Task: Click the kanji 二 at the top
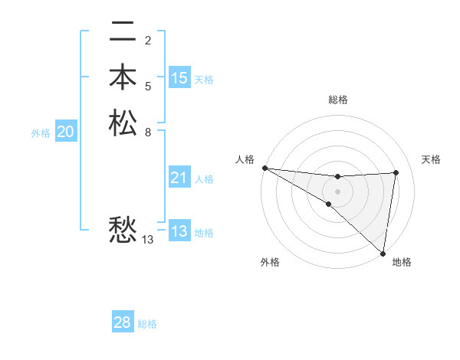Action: [123, 33]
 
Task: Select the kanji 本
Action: [123, 78]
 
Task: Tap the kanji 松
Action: [123, 123]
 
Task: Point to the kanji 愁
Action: [123, 229]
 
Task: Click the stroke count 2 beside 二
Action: [148, 40]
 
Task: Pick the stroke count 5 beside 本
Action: [148, 85]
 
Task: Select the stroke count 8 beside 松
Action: [148, 131]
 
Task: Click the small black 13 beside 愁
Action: [148, 240]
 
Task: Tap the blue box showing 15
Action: [179, 77]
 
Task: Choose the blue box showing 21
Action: [179, 178]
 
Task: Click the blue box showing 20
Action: [66, 132]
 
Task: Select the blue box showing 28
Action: [123, 322]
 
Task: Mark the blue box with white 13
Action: [179, 231]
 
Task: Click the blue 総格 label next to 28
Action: [147, 324]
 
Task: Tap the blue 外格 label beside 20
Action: [41, 133]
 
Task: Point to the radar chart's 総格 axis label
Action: [337, 100]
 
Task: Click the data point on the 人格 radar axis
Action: [264, 168]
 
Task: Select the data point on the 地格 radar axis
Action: [383, 253]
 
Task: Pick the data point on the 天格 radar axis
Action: [396, 172]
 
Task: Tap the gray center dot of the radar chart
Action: [337, 191]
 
